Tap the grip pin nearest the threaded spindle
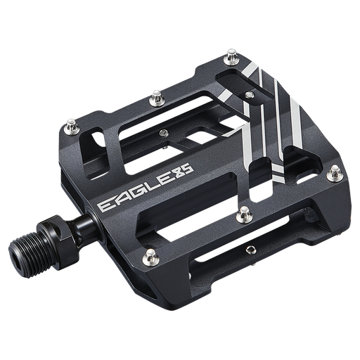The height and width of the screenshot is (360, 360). [149, 255]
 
